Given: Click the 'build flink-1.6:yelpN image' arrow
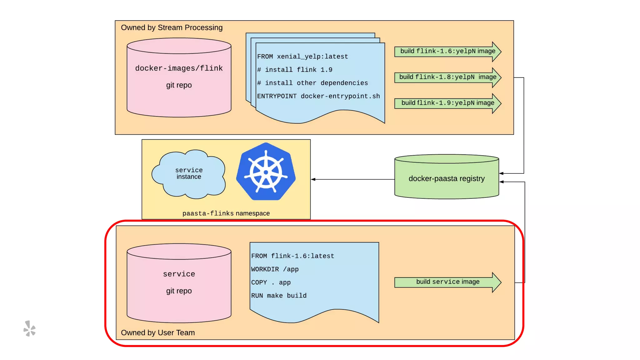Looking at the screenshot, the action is (448, 52).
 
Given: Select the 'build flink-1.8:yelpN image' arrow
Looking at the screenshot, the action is (448, 77).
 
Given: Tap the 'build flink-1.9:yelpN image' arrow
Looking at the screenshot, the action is (448, 103).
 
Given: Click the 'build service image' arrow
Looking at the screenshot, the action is (448, 282).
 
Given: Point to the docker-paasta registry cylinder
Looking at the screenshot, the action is (447, 177).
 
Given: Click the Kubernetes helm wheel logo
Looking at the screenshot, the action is (266, 171).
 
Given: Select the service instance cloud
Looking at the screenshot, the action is (189, 174).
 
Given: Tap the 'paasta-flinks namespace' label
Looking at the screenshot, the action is (226, 213).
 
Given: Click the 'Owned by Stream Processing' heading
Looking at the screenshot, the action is (172, 27).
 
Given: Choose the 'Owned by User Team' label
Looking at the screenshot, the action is (158, 332).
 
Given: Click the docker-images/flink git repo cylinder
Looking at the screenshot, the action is (179, 77).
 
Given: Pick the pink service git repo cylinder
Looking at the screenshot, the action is (179, 283).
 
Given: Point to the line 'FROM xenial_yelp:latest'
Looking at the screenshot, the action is (302, 57).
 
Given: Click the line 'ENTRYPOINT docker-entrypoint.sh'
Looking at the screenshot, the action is (318, 96).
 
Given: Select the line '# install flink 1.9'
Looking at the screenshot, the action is (295, 70).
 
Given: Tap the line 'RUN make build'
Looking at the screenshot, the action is (279, 296).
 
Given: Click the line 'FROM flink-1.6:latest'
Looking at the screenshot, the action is (292, 256).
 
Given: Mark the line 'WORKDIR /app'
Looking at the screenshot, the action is (275, 269).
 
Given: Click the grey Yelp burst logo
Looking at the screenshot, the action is (30, 328).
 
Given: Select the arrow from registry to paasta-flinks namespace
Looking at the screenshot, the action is (353, 179).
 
